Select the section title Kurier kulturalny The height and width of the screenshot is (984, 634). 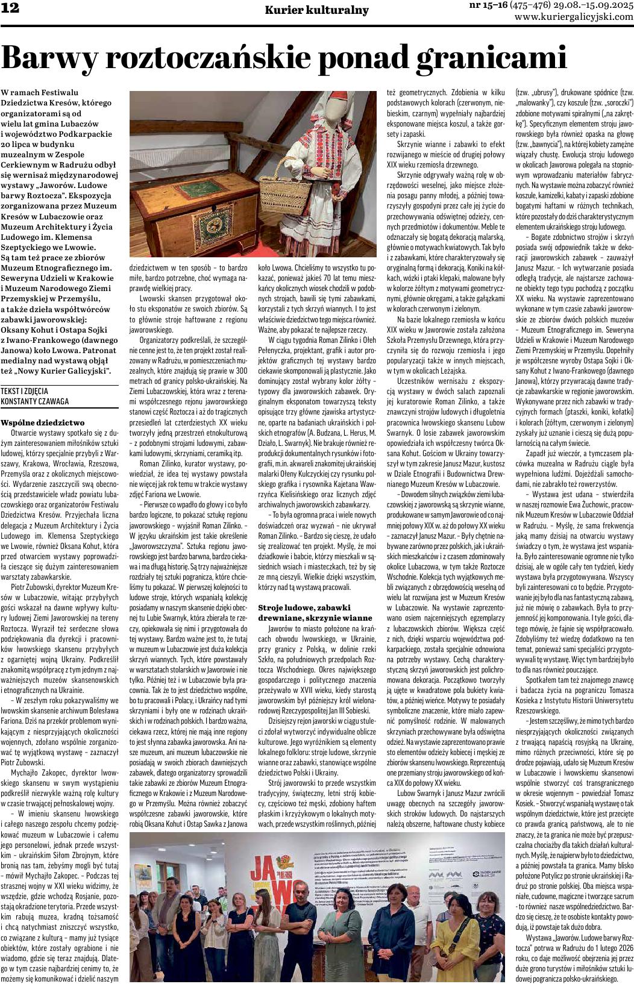tap(316, 10)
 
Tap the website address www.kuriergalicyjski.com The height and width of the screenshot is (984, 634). tap(573, 17)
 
